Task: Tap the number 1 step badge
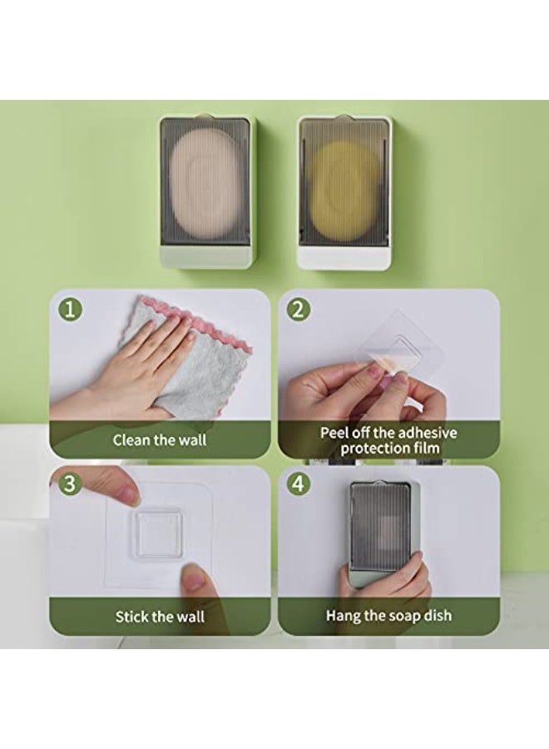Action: tap(70, 309)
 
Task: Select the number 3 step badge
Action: tap(70, 484)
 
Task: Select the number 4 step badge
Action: tap(298, 484)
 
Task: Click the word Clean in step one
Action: tap(131, 439)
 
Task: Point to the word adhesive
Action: tap(428, 433)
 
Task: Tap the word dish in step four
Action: tap(438, 615)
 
